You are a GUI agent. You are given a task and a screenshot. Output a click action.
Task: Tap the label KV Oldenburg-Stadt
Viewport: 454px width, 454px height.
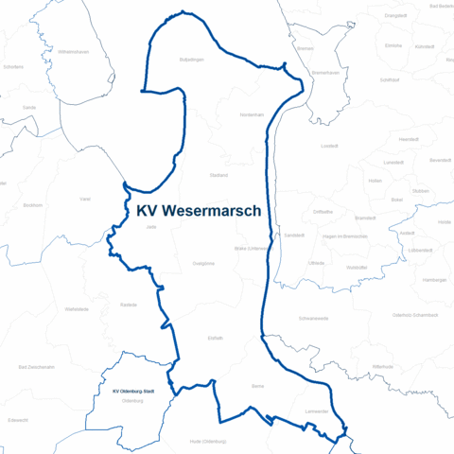(x=133, y=392)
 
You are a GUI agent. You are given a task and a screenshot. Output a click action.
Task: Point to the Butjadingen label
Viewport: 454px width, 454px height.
(x=192, y=59)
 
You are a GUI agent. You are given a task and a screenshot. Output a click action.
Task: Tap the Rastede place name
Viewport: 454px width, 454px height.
(x=130, y=305)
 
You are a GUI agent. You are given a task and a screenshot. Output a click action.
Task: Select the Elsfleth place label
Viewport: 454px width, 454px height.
(x=215, y=338)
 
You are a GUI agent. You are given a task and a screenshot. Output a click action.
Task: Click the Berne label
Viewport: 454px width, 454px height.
(x=258, y=387)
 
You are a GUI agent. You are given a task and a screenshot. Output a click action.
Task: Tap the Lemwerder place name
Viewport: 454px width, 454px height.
(x=316, y=411)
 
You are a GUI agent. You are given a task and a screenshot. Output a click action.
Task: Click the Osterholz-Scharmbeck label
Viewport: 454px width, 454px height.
(x=414, y=314)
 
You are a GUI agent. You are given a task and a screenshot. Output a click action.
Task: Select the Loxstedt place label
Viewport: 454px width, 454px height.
(x=329, y=146)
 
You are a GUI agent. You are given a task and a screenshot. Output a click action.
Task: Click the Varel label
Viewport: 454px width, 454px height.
(x=85, y=199)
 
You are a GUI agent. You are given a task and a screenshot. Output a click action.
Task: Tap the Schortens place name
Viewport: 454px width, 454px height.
(x=13, y=67)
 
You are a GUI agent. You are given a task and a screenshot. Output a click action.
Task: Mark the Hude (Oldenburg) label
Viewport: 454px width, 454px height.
(x=208, y=441)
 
